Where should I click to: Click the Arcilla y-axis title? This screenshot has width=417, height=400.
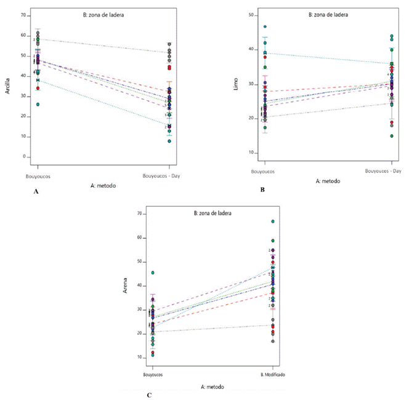pos(8,87)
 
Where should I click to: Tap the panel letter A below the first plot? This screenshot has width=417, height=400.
pos(36,192)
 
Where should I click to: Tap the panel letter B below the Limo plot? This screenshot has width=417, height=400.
pos(262,190)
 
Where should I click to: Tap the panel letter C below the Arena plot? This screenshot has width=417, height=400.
pos(150,394)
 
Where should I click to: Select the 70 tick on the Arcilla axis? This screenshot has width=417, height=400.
pos(23,15)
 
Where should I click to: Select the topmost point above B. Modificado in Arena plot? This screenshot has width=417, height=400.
pos(272,222)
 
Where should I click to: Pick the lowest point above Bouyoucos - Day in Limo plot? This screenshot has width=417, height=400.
pos(391,136)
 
